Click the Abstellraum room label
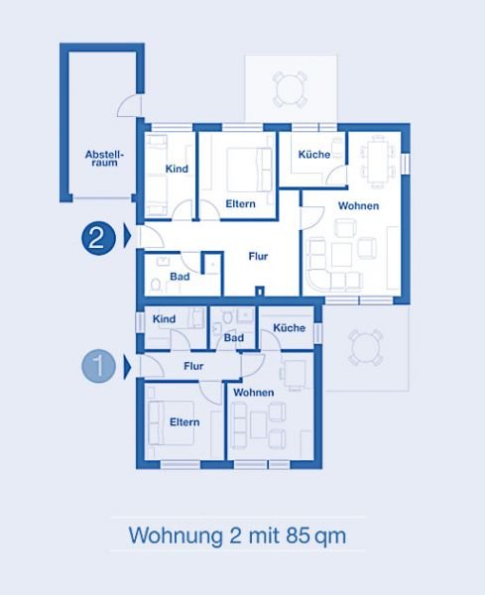click(x=104, y=159)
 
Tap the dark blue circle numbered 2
click(x=98, y=238)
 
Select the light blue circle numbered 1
click(x=98, y=366)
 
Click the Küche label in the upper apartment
click(x=313, y=155)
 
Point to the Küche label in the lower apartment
click(x=290, y=327)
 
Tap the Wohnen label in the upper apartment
click(x=358, y=205)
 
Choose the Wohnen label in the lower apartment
click(x=254, y=393)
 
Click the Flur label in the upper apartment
click(x=258, y=256)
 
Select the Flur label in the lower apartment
click(x=193, y=366)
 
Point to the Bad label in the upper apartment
click(x=180, y=277)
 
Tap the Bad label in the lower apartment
click(x=234, y=337)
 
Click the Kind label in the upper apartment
click(x=177, y=169)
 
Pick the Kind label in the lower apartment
click(x=164, y=318)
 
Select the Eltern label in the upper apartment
click(x=240, y=203)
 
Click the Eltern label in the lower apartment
click(x=184, y=422)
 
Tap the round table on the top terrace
click(x=290, y=89)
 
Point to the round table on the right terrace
click(x=365, y=347)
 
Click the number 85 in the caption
click(x=299, y=535)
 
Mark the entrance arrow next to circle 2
click(x=128, y=236)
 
